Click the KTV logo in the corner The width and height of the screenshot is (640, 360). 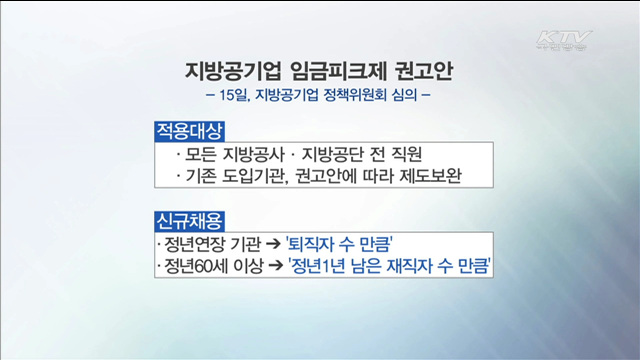point(563,42)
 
